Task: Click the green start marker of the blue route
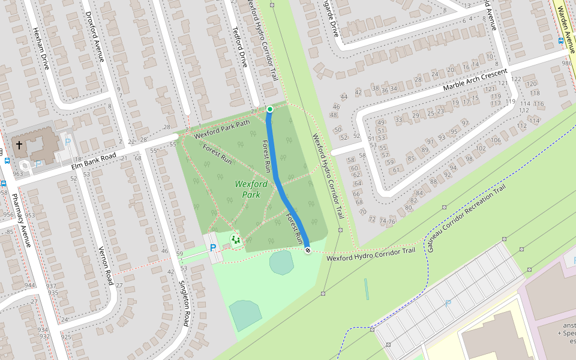click(270, 109)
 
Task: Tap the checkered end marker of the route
click(308, 250)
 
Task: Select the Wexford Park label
click(251, 189)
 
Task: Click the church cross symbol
click(19, 145)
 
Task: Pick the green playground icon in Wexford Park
click(235, 239)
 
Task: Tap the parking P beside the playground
click(212, 247)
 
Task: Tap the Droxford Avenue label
click(95, 36)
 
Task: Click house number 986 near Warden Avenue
click(566, 63)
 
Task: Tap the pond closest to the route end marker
click(281, 263)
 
